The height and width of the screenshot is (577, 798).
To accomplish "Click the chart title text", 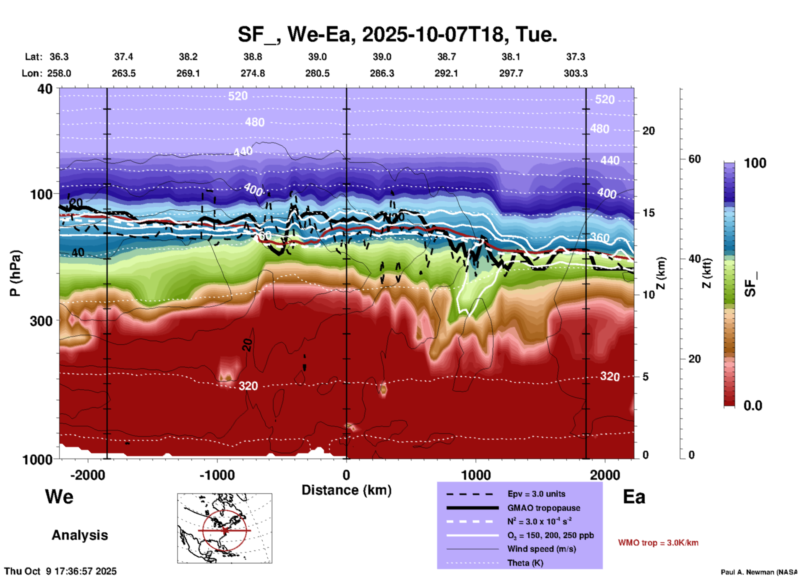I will tap(397, 34).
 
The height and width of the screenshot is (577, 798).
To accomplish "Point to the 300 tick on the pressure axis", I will tap(41, 321).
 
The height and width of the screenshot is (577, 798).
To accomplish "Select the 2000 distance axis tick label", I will tap(605, 475).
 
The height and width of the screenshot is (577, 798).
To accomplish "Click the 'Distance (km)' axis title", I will tap(346, 490).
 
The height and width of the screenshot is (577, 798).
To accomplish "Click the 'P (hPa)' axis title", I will tap(15, 273).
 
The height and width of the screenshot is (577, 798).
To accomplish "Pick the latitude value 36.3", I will tap(59, 57).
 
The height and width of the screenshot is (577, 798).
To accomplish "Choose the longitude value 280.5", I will tap(317, 73).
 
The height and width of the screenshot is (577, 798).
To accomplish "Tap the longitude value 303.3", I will tap(576, 73).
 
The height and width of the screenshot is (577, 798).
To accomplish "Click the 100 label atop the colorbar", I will tap(755, 163).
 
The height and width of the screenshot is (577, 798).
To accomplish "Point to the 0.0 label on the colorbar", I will tap(753, 405).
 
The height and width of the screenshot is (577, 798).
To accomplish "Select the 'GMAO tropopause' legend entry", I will tap(543, 508).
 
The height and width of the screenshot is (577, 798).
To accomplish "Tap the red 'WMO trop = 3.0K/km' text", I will tap(658, 543).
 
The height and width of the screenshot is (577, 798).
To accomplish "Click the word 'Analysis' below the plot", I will tap(80, 535).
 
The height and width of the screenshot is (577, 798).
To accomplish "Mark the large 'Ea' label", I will tap(634, 497).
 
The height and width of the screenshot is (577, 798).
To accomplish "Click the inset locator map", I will tap(225, 528).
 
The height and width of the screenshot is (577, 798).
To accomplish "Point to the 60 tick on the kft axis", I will tap(694, 159).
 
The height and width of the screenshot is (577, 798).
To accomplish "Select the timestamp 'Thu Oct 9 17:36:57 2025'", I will tap(60, 571).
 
